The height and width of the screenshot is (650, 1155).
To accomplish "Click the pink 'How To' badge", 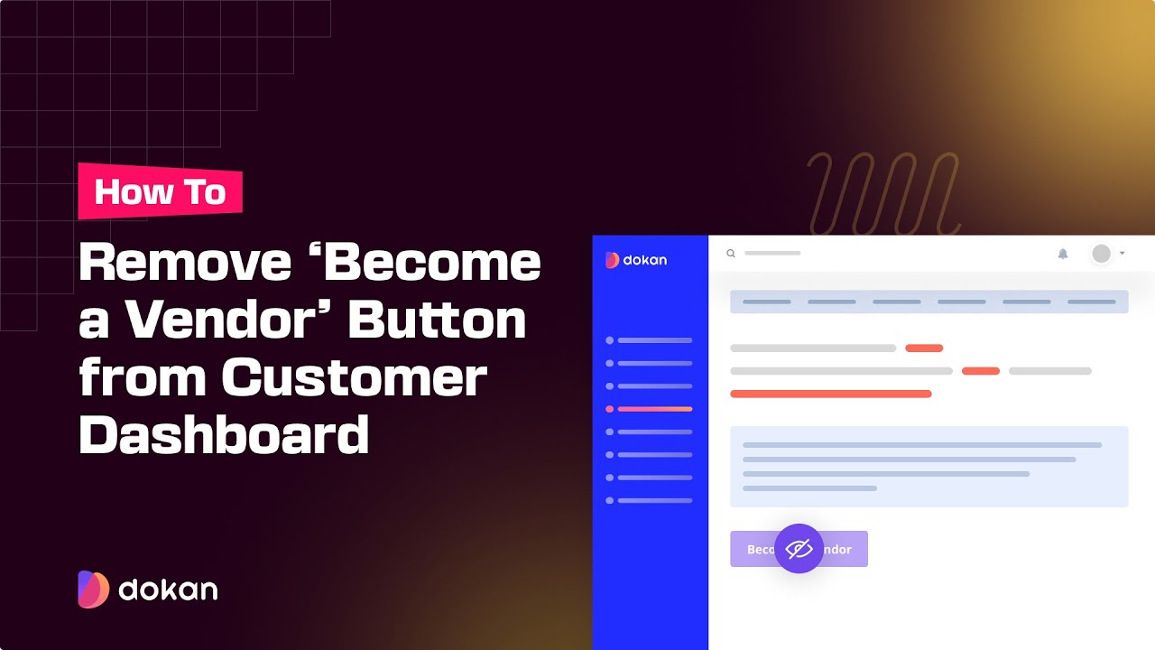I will (x=161, y=191).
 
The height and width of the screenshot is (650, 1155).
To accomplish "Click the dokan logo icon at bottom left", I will (x=93, y=590).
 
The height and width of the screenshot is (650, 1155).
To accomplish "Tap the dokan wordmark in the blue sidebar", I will (x=636, y=260).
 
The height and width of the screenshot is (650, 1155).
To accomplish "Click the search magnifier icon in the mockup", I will (x=731, y=254).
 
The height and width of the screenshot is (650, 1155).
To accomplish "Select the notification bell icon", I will (x=1063, y=254).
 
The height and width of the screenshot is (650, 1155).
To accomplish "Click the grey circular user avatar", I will (x=1101, y=254).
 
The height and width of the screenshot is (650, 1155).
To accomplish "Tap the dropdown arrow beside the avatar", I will (x=1123, y=254).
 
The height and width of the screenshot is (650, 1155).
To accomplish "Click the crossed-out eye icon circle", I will (x=799, y=549).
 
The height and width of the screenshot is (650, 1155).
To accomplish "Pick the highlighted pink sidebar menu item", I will (x=650, y=409).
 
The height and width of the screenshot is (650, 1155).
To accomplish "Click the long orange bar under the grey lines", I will (x=830, y=394).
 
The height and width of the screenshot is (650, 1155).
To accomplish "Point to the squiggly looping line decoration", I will (x=882, y=192).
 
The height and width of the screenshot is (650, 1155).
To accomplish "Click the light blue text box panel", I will (x=929, y=466).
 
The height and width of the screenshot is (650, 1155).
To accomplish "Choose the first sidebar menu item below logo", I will (x=650, y=340).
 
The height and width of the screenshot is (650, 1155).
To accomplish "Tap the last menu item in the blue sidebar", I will (x=650, y=500).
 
